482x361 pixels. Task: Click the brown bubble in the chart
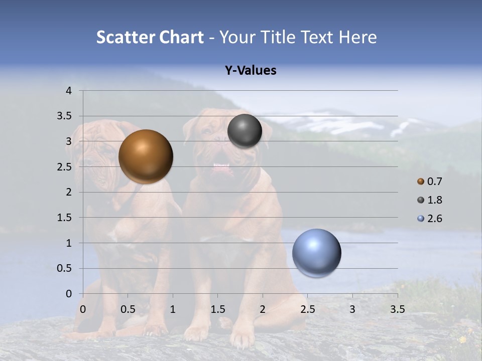coord(146,156)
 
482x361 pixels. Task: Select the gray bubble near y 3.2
coord(245,131)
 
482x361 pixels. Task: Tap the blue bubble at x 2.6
coord(316,253)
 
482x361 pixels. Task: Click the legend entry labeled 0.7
coord(434,182)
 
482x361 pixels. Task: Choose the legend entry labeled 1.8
coord(434,200)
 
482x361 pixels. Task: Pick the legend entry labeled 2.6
coord(434,219)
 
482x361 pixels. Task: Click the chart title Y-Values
coord(251,71)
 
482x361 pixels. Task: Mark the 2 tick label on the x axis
coord(263,309)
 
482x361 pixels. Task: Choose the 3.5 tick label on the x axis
coord(397,309)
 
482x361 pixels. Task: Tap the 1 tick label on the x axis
coord(173,309)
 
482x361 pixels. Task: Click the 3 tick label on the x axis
coord(352,309)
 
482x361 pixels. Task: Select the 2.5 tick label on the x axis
coord(307,309)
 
